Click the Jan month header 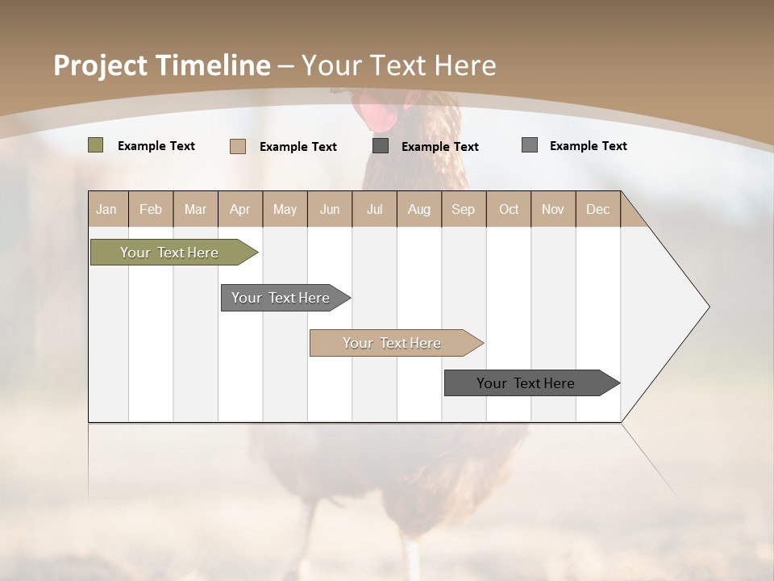point(107,209)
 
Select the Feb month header point(151,209)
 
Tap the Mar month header point(195,209)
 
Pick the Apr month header point(240,209)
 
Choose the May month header point(285,209)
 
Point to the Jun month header point(330,209)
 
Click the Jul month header point(374,209)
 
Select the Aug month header point(419,209)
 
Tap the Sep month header point(464,209)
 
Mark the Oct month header point(509,209)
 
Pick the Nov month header point(553,209)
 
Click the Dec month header point(598,209)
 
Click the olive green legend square point(96,145)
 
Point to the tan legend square point(238,146)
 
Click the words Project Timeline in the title point(162,65)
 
